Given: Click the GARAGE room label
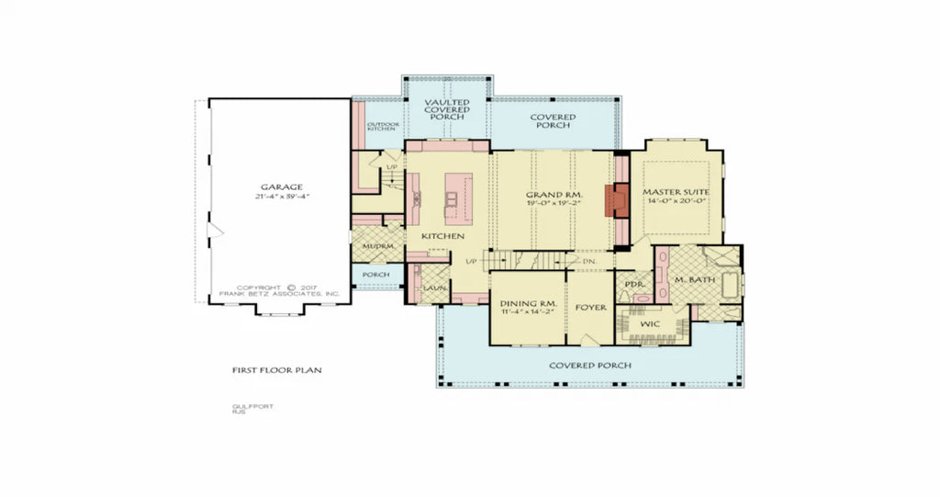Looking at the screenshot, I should click(280, 186).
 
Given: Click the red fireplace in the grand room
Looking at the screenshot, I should click(621, 200).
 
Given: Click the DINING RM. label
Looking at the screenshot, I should click(528, 304).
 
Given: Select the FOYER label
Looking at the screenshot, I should click(590, 308).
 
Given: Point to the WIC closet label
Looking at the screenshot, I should click(650, 324).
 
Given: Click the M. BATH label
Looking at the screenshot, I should click(694, 279).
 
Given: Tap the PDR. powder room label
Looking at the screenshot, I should click(632, 285).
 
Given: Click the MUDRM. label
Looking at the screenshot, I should click(377, 247).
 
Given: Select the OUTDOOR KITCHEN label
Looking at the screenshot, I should click(382, 126).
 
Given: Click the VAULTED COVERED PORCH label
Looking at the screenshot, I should click(446, 110).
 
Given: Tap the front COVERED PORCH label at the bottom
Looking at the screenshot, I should click(589, 365).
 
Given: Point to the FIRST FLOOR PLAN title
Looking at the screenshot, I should click(276, 370).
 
